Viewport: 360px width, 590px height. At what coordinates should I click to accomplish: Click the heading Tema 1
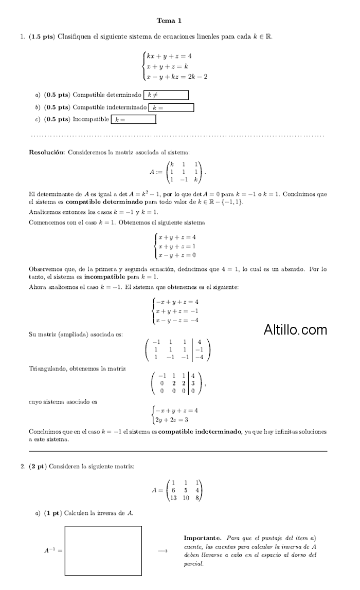(169, 21)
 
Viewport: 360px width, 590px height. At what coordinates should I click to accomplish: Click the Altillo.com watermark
(295, 329)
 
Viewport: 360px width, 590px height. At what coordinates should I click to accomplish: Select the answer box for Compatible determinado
(166, 95)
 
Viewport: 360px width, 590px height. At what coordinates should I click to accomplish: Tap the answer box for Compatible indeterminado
(171, 108)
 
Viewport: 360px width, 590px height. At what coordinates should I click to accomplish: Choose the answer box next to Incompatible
(133, 120)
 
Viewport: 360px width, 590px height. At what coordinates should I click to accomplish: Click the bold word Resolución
(47, 152)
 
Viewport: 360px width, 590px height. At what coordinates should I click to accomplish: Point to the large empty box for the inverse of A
(103, 551)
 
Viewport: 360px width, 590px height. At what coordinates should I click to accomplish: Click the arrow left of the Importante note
(163, 551)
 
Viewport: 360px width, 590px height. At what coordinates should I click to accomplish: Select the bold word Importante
(202, 538)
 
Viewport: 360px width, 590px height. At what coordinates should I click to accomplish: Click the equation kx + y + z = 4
(169, 56)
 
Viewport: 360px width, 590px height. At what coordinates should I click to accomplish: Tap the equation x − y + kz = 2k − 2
(176, 77)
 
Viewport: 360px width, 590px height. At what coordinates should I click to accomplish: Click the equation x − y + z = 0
(177, 255)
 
